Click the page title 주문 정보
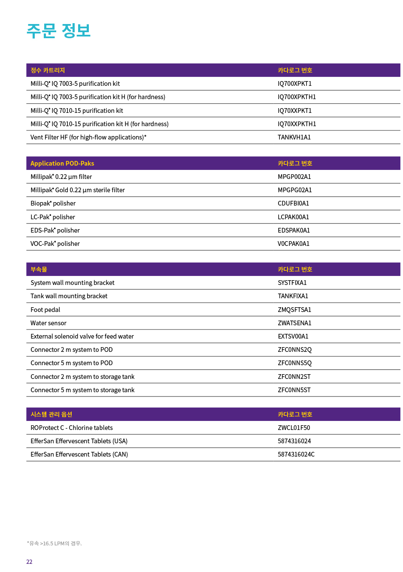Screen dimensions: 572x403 (x=59, y=31)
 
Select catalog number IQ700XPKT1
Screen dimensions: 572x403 (x=294, y=84)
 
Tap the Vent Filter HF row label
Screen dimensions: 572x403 (x=88, y=137)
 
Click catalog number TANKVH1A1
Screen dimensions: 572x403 (x=294, y=137)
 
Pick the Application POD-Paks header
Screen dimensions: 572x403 (x=62, y=163)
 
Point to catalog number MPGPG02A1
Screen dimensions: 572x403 (x=294, y=190)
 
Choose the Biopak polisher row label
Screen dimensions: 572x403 (x=53, y=203)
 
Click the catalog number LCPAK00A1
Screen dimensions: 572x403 (x=293, y=217)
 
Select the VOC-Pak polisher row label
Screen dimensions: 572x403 (x=55, y=244)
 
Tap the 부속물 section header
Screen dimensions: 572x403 (x=39, y=269)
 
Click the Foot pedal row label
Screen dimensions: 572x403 (x=45, y=310)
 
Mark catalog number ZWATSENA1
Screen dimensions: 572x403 (x=294, y=323)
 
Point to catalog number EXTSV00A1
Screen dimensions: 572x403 (x=293, y=336)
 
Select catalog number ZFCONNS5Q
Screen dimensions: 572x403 (x=294, y=363)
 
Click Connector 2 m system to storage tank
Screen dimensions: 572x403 (x=82, y=377)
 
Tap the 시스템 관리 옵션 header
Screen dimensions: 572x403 (x=51, y=415)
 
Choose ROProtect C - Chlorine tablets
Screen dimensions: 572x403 (x=72, y=428)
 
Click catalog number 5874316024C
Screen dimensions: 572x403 (x=296, y=454)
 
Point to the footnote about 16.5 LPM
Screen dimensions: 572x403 (x=54, y=544)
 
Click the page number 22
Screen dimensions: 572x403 (x=29, y=562)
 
